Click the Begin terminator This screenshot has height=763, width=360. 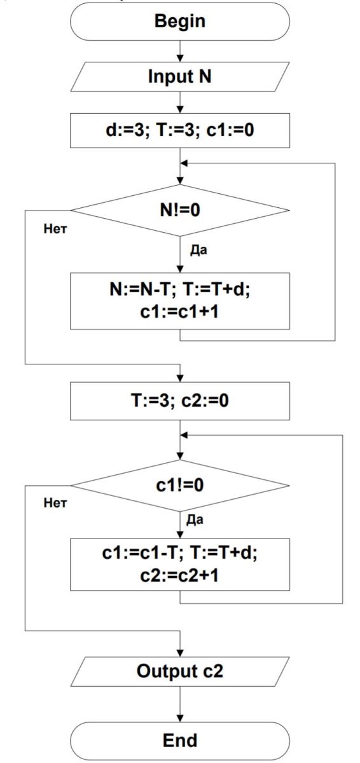180,22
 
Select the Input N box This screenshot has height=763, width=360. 180,77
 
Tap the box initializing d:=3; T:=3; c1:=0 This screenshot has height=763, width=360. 180,130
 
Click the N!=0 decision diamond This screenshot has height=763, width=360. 180,210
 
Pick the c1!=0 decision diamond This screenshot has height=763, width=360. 180,485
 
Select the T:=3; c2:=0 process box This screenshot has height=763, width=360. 180,401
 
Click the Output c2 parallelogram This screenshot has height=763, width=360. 180,671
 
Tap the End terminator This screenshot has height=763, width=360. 180,740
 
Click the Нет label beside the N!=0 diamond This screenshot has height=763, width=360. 55,229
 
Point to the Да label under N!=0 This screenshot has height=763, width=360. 198,251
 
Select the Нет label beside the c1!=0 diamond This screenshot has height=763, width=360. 55,503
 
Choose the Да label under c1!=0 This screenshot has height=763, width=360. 195,520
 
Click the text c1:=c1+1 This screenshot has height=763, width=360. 179,312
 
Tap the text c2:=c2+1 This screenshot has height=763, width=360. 179,575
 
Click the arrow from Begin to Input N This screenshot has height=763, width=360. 180,52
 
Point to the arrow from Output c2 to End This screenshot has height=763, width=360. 180,704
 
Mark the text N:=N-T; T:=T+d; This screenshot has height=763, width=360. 180,290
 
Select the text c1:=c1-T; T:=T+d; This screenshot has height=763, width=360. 180,553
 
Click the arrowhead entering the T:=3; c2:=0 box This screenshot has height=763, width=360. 180,378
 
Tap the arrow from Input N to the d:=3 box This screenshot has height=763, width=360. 180,102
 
